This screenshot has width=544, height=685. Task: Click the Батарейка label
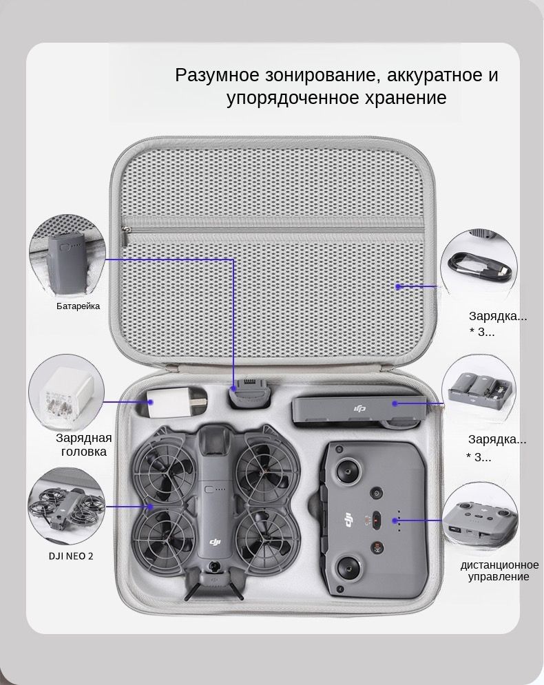coord(79,306)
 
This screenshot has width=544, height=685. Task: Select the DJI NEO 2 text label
coord(71,556)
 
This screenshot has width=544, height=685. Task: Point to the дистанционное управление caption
coord(499,571)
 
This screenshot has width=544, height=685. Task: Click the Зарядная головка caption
coord(84,445)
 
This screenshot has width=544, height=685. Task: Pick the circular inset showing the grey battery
coord(67,253)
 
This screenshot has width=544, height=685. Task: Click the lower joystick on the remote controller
coord(349,568)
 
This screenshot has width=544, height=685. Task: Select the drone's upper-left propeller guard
coord(163,468)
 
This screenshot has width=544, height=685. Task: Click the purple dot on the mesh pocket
coord(398,286)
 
